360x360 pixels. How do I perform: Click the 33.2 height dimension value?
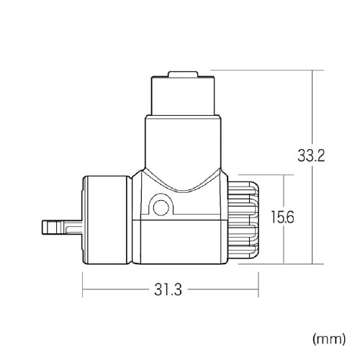(x=311, y=156)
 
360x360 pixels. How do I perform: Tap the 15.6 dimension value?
(x=282, y=217)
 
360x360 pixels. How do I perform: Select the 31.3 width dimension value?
(x=168, y=289)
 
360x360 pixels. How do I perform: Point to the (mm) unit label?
(x=329, y=339)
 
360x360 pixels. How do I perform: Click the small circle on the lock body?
(x=161, y=207)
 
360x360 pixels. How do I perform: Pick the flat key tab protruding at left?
(x=63, y=228)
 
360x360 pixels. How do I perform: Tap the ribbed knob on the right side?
(x=243, y=220)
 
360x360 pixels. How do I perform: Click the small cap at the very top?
(x=183, y=74)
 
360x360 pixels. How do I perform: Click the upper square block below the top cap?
(x=183, y=96)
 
